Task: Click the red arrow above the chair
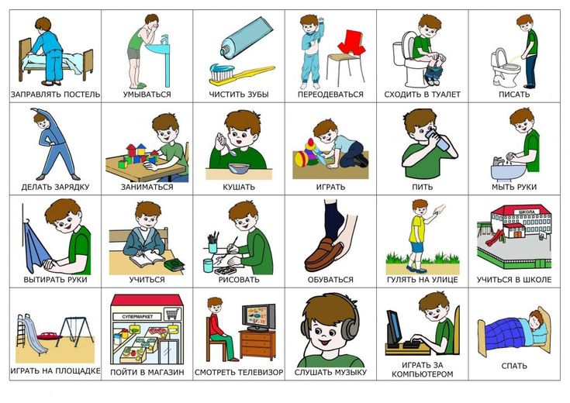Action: pyautogui.click(x=351, y=43)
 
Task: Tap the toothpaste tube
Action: pyautogui.click(x=247, y=37)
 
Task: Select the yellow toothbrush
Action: pyautogui.click(x=240, y=74)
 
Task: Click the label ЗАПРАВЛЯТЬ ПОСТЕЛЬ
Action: pyautogui.click(x=55, y=95)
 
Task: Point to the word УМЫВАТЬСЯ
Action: pyautogui.click(x=147, y=95)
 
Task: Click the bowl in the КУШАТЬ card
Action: pyautogui.click(x=239, y=169)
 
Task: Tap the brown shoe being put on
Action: pyautogui.click(x=323, y=256)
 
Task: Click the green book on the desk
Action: pyautogui.click(x=174, y=264)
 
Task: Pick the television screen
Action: pyautogui.click(x=259, y=317)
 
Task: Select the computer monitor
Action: pyautogui.click(x=394, y=327)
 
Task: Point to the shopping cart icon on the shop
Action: pyautogui.click(x=172, y=314)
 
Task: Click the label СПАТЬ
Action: pyautogui.click(x=514, y=366)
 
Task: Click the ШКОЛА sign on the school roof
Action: pyautogui.click(x=527, y=212)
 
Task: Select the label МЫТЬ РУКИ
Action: pyautogui.click(x=514, y=187)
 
